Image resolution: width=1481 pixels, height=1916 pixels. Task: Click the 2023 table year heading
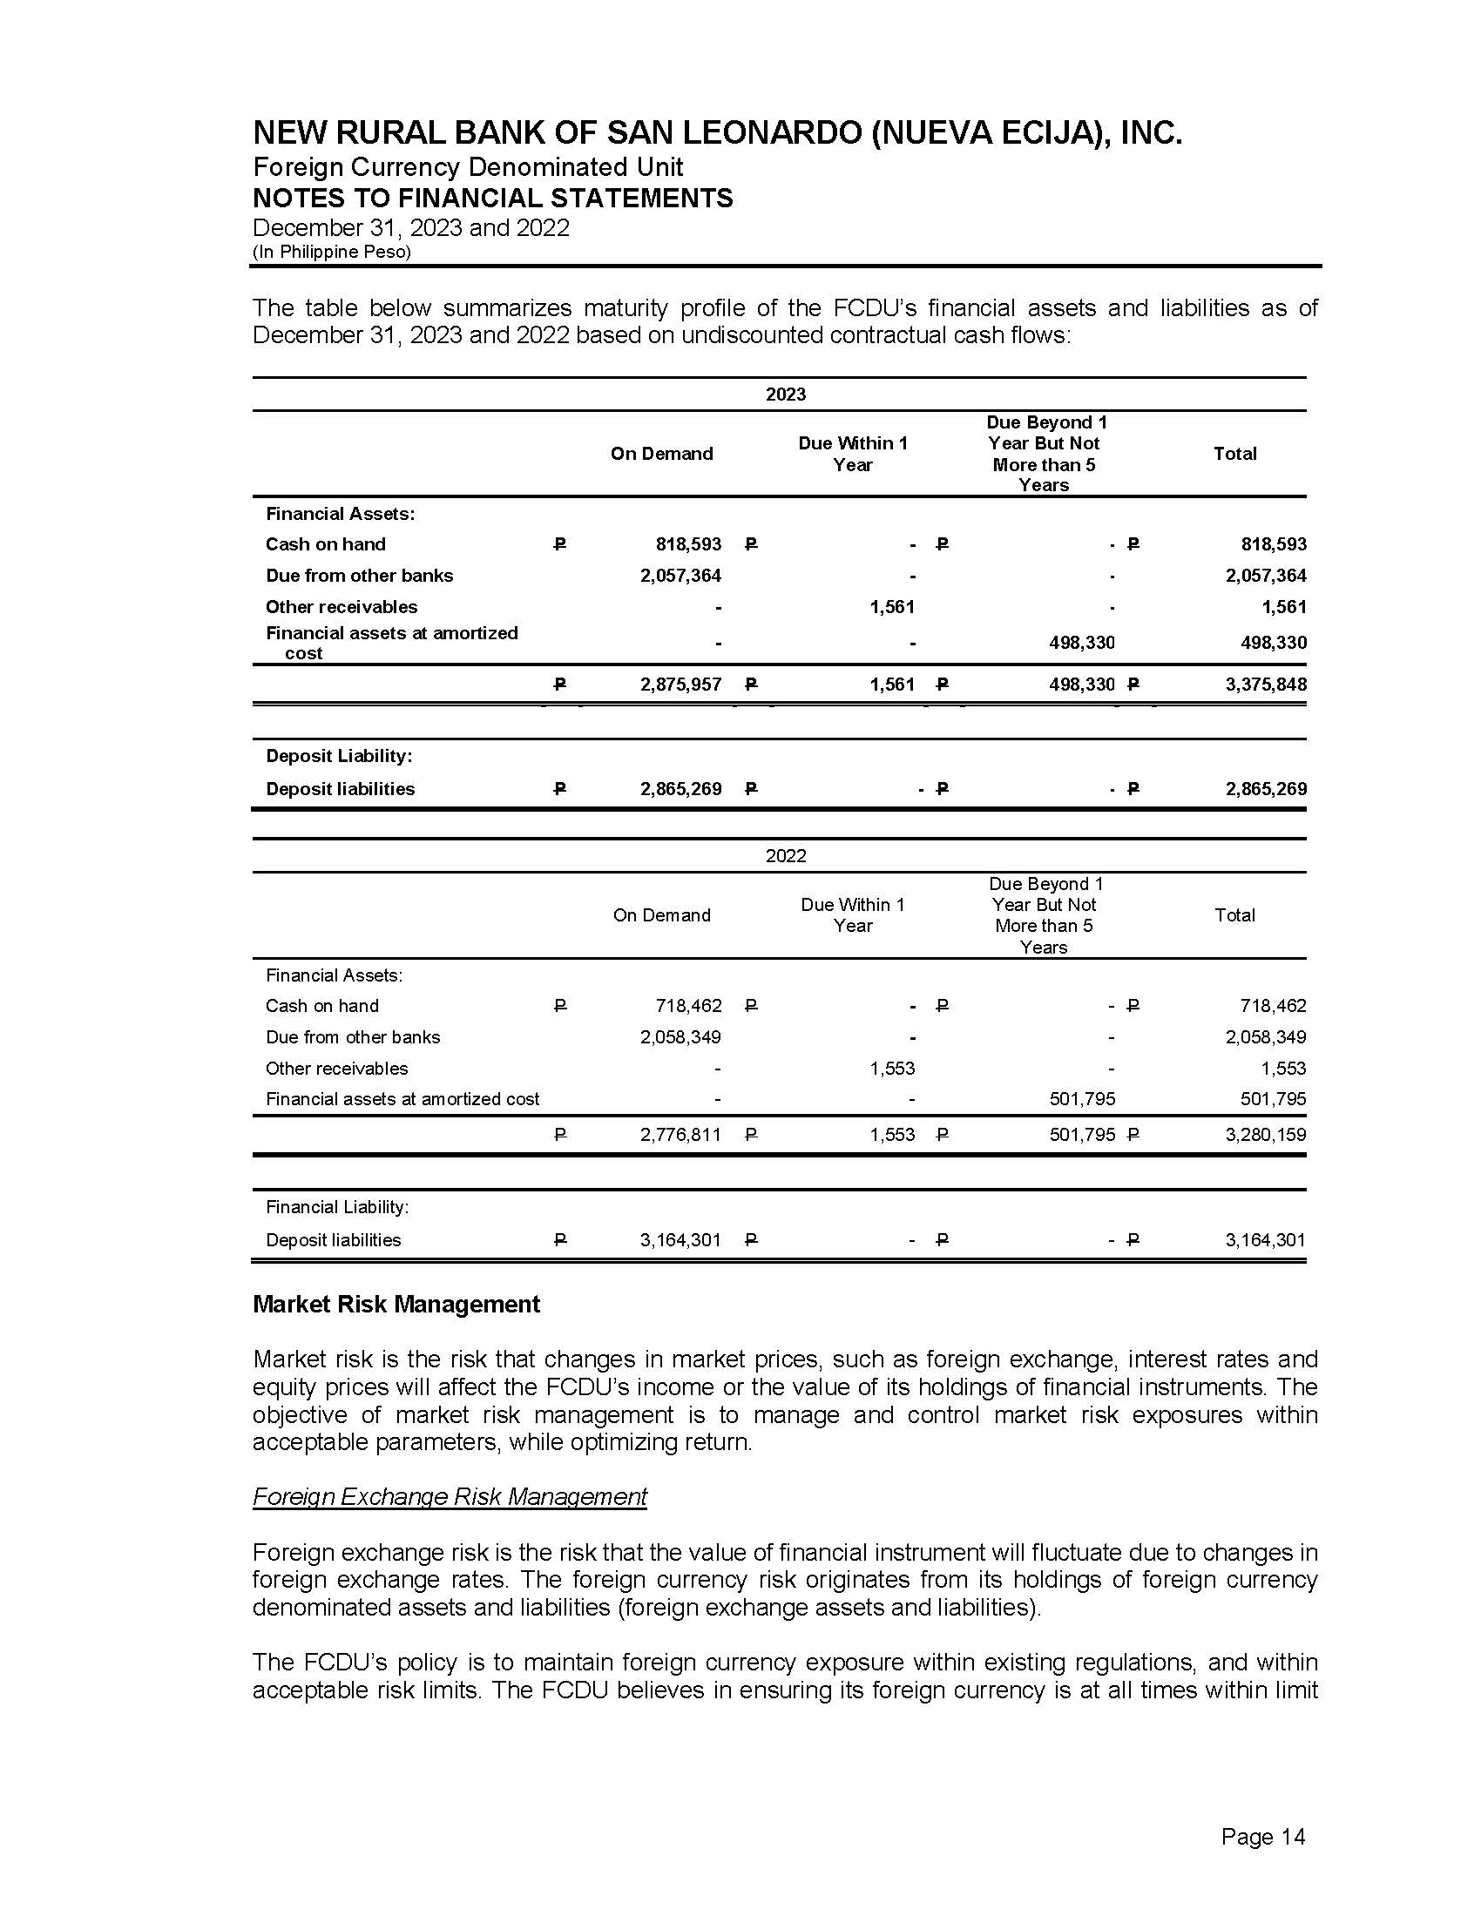785,395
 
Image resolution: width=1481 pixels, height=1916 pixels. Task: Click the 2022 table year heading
785,856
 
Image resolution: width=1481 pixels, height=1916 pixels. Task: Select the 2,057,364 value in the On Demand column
681,576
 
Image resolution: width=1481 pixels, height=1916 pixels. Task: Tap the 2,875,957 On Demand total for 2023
681,685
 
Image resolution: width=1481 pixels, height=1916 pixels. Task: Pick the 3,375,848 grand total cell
1266,685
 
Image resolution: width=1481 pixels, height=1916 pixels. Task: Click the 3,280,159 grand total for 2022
1266,1135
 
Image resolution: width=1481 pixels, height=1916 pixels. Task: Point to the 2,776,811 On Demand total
681,1135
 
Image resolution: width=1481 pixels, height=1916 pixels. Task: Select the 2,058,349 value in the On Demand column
681,1038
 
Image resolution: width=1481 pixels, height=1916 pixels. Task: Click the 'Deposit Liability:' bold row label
339,756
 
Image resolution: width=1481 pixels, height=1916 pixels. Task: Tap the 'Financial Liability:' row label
337,1208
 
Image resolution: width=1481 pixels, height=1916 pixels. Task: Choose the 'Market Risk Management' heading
396,1305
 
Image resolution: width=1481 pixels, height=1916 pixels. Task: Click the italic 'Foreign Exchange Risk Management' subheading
450,1496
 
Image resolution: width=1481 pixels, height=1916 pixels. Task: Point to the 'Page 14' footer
1262,1837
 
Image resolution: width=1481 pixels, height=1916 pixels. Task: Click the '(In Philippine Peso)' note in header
332,253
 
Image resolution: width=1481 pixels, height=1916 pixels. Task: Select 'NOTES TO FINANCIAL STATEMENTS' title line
492,199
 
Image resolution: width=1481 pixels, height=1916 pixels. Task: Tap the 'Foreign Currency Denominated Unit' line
468,167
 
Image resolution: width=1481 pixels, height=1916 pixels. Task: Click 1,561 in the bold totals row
892,685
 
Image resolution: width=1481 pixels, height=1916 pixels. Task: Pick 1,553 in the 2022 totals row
892,1135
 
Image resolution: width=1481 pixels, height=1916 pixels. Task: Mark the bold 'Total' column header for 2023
1234,454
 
